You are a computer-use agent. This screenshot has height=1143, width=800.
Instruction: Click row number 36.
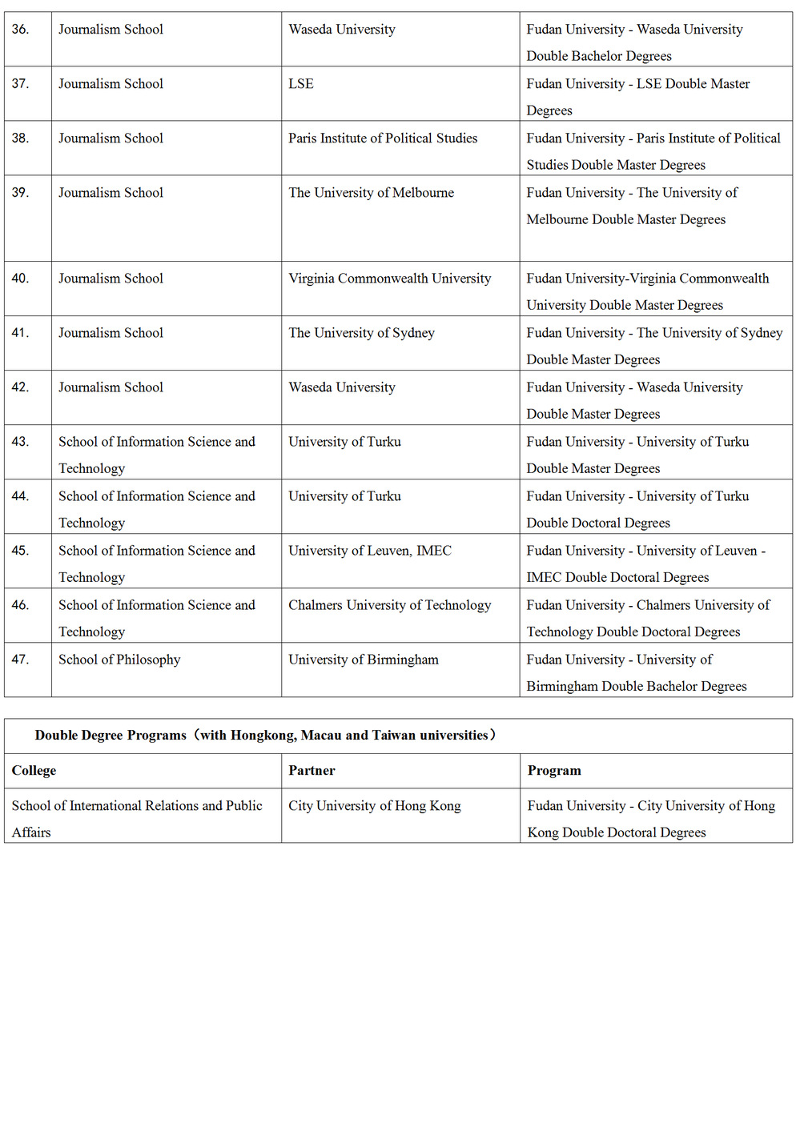21,30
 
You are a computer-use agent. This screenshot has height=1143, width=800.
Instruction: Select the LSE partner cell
301,84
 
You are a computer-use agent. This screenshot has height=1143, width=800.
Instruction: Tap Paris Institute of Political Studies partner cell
383,138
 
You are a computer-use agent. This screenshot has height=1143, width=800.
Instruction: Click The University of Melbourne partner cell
371,193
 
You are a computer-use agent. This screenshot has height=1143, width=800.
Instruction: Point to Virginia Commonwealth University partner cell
389,279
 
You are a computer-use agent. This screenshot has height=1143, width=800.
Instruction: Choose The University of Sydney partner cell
361,333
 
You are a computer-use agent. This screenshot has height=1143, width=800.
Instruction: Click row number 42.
21,387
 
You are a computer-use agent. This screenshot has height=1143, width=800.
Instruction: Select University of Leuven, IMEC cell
370,551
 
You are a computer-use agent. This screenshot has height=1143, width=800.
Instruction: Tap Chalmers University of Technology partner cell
389,605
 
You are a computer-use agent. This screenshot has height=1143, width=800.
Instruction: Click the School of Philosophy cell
119,660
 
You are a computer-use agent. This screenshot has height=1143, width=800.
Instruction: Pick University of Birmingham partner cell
364,660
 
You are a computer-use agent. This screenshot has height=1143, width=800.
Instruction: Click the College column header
34,771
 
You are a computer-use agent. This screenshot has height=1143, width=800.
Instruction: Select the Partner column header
312,771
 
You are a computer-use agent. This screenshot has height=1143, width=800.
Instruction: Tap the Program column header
554,771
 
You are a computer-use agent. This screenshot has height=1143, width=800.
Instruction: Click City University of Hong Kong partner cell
375,806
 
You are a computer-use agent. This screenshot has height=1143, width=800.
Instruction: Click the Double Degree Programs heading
265,736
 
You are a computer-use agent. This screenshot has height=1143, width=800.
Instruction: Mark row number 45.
21,551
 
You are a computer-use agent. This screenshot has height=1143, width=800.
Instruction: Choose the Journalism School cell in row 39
111,193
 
